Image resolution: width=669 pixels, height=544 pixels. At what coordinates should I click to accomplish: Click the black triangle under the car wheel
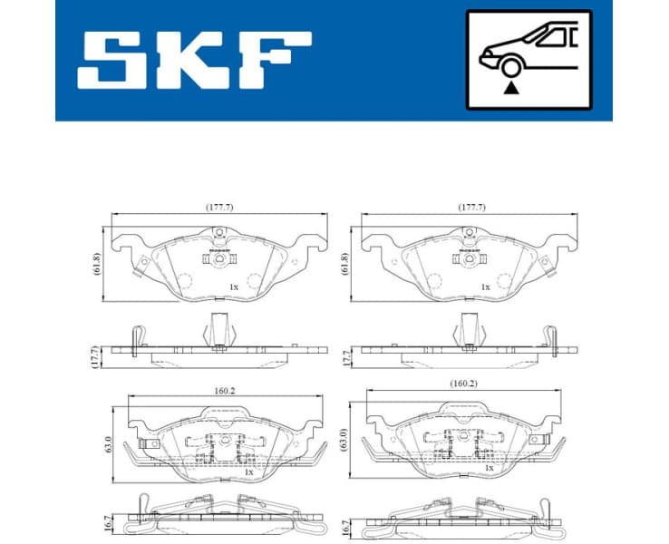pyautogui.click(x=514, y=88)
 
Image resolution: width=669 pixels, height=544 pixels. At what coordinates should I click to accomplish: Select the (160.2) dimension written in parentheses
pyautogui.click(x=464, y=383)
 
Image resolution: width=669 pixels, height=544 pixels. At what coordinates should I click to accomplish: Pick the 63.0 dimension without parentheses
pyautogui.click(x=107, y=444)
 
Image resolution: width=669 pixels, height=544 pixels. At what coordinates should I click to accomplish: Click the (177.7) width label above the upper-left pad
pyautogui.click(x=218, y=207)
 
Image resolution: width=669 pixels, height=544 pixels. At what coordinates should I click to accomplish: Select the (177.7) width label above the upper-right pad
pyautogui.click(x=470, y=207)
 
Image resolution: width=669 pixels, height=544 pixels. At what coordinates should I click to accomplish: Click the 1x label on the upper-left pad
pyautogui.click(x=233, y=287)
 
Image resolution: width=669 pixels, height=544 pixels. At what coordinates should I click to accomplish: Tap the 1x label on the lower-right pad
pyautogui.click(x=489, y=469)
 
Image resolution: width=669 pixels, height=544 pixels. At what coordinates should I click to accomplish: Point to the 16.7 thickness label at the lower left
pyautogui.click(x=106, y=524)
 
